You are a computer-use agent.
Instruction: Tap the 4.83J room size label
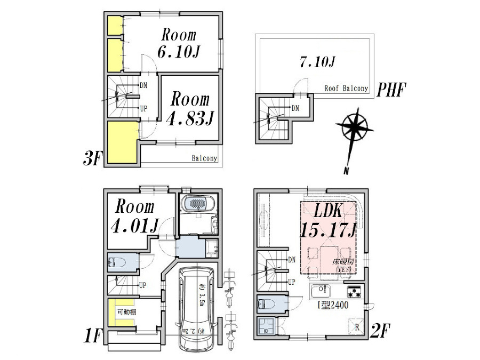189,117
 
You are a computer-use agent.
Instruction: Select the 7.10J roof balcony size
317,62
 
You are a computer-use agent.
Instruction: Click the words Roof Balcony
346,89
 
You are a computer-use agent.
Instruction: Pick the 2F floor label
381,332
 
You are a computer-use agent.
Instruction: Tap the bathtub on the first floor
198,204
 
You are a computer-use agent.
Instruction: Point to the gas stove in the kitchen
354,292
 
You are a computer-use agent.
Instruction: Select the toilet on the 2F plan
268,304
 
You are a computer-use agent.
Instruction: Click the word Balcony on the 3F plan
204,158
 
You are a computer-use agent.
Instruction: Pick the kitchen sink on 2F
319,292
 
